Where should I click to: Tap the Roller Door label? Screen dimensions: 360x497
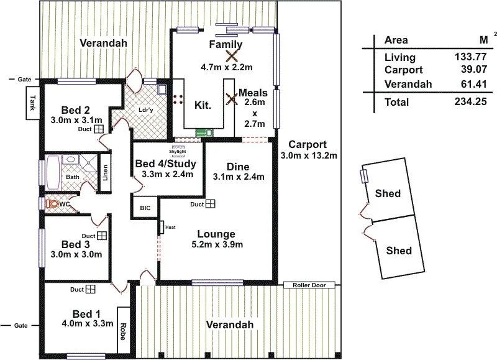click(x=309, y=285)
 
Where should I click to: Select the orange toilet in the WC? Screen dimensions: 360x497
click(x=53, y=203)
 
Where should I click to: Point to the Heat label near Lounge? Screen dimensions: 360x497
click(x=170, y=228)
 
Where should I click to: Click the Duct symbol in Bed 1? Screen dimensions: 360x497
click(x=91, y=290)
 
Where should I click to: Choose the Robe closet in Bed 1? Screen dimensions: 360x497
click(x=122, y=329)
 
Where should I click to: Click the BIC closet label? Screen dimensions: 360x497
click(x=145, y=208)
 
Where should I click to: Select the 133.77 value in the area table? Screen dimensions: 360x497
click(x=469, y=57)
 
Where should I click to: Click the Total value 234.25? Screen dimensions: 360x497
click(x=469, y=102)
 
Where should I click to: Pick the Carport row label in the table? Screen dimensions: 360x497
click(x=403, y=70)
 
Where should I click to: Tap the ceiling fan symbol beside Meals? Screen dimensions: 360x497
click(x=230, y=99)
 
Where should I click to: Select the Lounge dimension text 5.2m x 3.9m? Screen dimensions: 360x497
click(x=216, y=245)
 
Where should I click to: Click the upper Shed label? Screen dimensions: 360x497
click(x=388, y=193)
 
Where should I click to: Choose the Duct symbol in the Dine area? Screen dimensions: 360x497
click(x=211, y=203)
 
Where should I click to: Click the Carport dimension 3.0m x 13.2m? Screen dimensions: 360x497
click(x=309, y=155)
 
